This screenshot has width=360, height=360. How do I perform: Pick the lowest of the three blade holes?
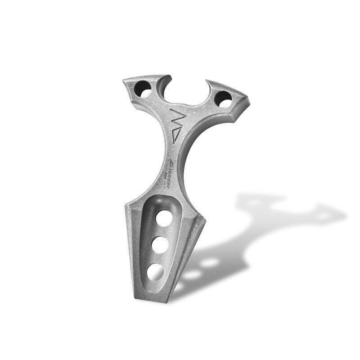[155, 271]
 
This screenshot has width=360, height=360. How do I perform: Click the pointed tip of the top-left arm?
[123, 81]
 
